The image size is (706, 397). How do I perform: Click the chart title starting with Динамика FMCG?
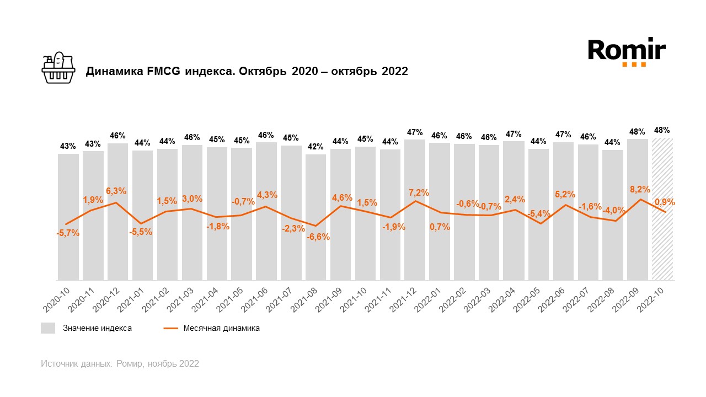[246, 71]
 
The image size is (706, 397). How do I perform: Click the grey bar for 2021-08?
[316, 254]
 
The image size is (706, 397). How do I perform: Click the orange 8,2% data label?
[637, 189]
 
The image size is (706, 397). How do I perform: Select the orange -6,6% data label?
[318, 237]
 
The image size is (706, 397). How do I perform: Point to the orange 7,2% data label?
[419, 192]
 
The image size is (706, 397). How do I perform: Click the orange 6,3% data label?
[116, 191]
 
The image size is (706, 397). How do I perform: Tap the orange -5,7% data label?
[68, 233]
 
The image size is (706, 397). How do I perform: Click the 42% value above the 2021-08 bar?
[315, 147]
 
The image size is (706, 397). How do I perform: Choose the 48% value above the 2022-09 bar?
[637, 132]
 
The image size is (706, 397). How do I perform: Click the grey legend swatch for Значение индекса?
[48, 328]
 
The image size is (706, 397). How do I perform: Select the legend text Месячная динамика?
[222, 328]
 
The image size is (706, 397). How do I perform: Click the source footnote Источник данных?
[120, 364]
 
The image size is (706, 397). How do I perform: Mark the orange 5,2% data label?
[565, 194]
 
